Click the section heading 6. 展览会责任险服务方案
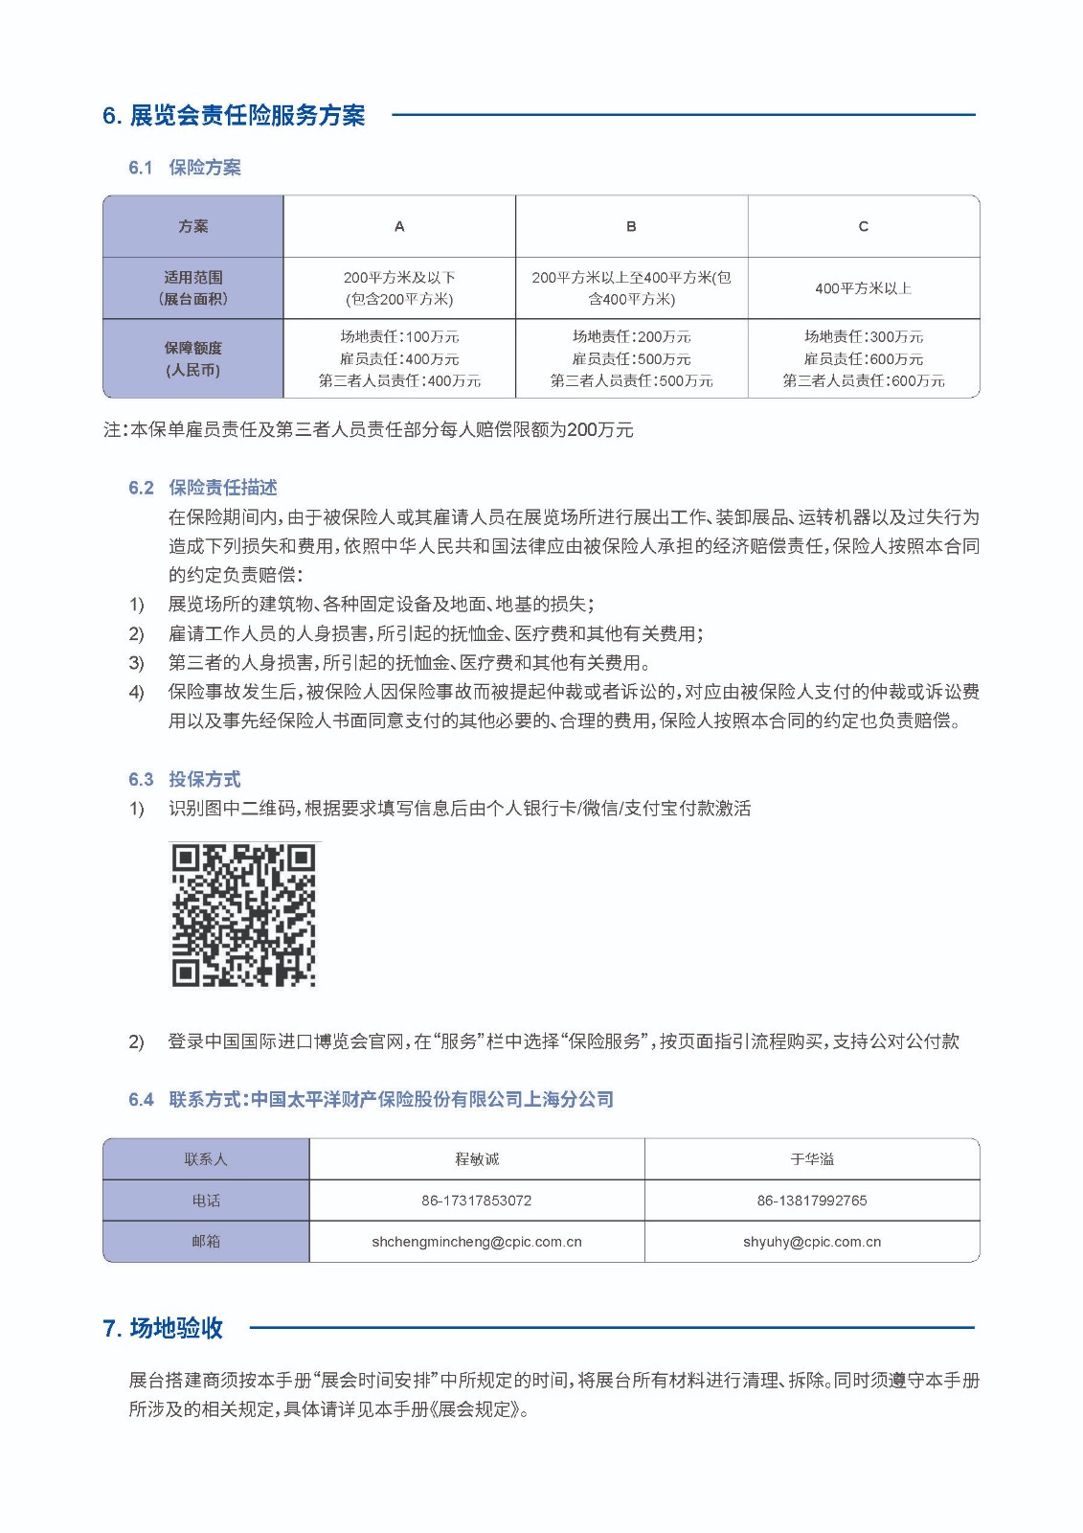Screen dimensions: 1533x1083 234,116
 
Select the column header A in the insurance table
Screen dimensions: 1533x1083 399,227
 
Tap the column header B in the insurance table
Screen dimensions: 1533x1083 631,227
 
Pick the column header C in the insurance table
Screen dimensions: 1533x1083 863,227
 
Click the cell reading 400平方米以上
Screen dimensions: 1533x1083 863,288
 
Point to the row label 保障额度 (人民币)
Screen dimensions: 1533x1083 192,358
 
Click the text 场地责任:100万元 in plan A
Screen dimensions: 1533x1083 399,336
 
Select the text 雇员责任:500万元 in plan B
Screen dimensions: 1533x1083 631,359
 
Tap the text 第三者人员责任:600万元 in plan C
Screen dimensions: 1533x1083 863,381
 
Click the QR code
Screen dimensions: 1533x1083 243,915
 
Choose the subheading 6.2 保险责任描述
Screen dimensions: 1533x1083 203,488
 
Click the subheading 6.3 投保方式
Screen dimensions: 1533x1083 185,779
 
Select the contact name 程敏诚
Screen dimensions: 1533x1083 477,1159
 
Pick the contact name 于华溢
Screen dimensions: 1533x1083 812,1159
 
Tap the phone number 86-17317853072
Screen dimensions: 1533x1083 477,1201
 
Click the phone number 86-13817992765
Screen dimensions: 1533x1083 812,1201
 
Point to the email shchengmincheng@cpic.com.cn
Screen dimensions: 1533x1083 477,1242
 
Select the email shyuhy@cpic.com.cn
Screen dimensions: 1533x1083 812,1242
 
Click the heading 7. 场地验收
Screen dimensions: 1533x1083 163,1328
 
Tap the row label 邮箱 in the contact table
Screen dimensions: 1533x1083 206,1242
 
